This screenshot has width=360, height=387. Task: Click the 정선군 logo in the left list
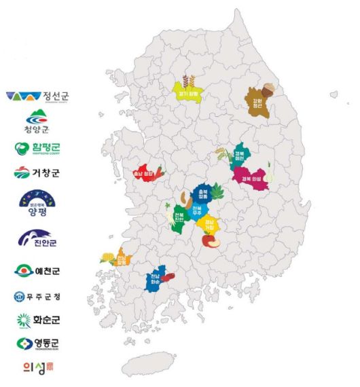click(37, 96)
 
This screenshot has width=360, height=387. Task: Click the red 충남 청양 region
click(147, 174)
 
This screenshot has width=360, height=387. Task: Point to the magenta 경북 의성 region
click(252, 178)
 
